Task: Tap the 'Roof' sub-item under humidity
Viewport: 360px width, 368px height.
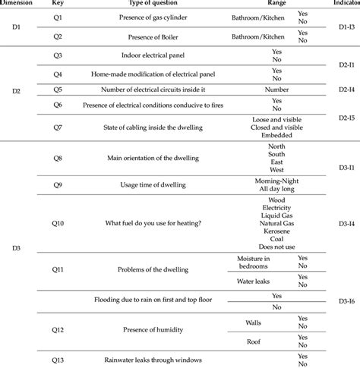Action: click(x=254, y=341)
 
